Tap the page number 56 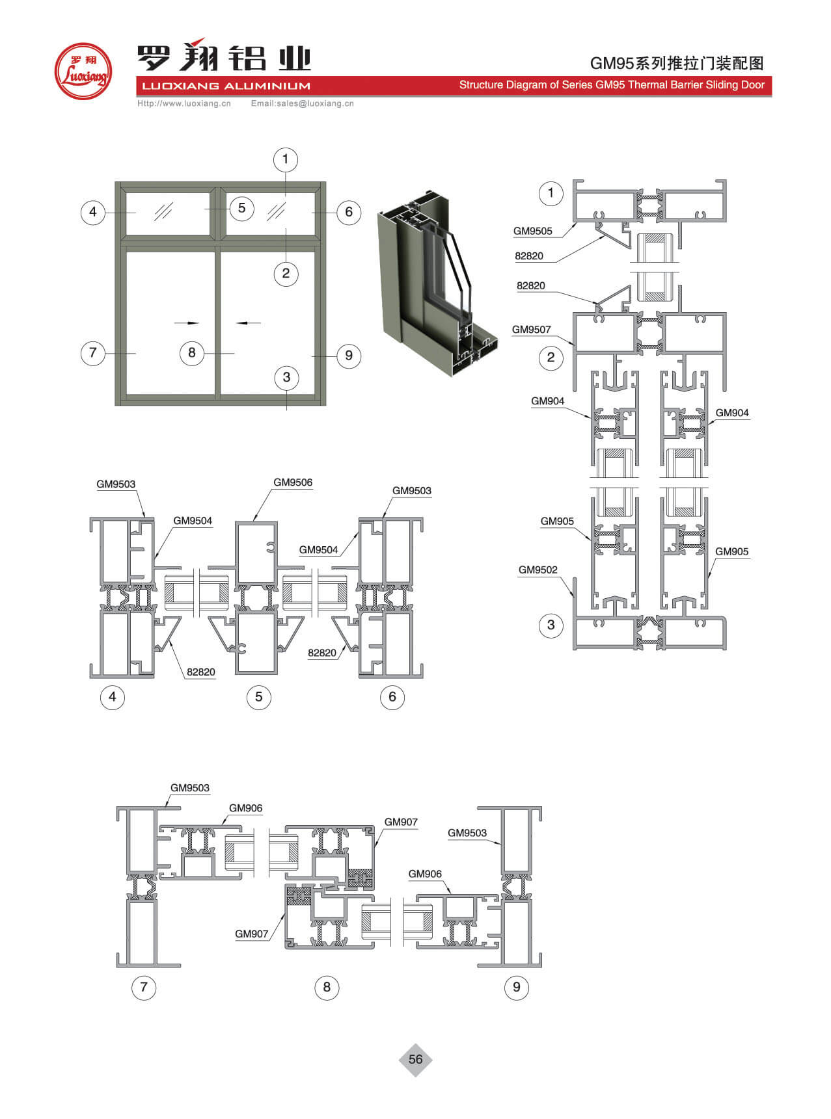pyautogui.click(x=415, y=1059)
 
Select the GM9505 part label pyautogui.click(x=532, y=231)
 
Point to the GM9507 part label pyautogui.click(x=531, y=330)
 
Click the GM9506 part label pyautogui.click(x=293, y=482)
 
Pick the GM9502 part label pyautogui.click(x=538, y=570)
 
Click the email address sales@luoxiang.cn pyautogui.click(x=303, y=103)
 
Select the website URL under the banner pyautogui.click(x=184, y=103)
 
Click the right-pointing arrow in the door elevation pyautogui.click(x=186, y=323)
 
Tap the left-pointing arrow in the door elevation pyautogui.click(x=248, y=323)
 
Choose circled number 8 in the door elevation pyautogui.click(x=191, y=352)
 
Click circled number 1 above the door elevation pyautogui.click(x=285, y=159)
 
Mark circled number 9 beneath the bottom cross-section pyautogui.click(x=517, y=987)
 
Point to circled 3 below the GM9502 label pyautogui.click(x=551, y=625)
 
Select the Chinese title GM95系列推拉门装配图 pyautogui.click(x=677, y=63)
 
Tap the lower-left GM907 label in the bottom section pyautogui.click(x=252, y=934)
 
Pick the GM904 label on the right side pyautogui.click(x=732, y=413)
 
